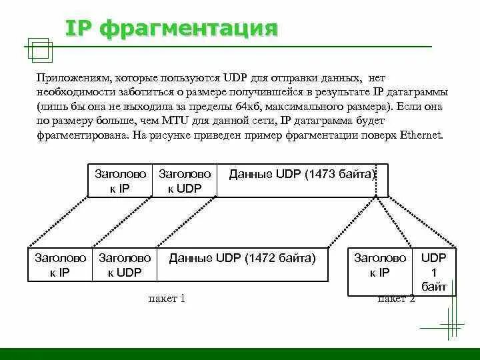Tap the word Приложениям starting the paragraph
click(73, 79)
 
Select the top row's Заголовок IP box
click(120, 180)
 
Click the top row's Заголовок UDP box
click(185, 180)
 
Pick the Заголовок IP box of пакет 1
click(61, 265)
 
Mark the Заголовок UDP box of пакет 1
click(125, 265)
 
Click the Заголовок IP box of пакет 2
click(380, 265)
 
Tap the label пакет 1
click(166, 299)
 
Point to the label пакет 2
click(397, 299)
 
